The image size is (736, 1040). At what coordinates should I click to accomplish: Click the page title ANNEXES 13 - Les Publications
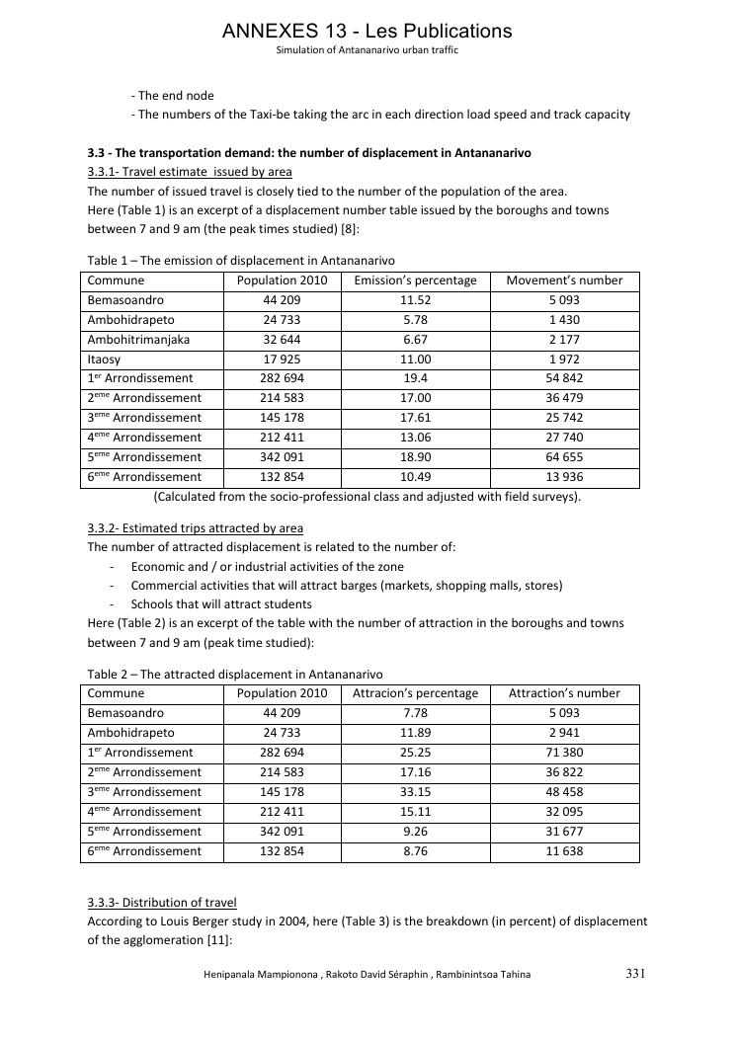pyautogui.click(x=368, y=31)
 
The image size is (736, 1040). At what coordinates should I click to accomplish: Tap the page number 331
pyautogui.click(x=635, y=974)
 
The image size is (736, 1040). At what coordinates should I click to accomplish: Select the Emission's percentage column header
pyautogui.click(x=415, y=280)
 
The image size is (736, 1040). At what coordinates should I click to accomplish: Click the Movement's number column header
pyautogui.click(x=564, y=280)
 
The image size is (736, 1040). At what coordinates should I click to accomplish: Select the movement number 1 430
pyautogui.click(x=564, y=320)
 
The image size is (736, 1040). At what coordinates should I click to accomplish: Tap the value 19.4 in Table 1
pyautogui.click(x=416, y=378)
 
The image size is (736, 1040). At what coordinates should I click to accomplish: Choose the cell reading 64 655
pyautogui.click(x=564, y=457)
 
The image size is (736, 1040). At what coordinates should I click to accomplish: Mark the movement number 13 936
pyautogui.click(x=564, y=477)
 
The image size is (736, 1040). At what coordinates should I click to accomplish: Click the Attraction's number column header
pyautogui.click(x=564, y=693)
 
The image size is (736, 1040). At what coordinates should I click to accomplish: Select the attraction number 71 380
pyautogui.click(x=564, y=753)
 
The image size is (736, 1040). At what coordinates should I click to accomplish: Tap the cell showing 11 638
pyautogui.click(x=564, y=851)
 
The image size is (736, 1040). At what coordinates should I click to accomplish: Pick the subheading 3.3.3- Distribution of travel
pyautogui.click(x=162, y=903)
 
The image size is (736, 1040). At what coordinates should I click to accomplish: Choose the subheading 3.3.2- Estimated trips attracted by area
pyautogui.click(x=196, y=528)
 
